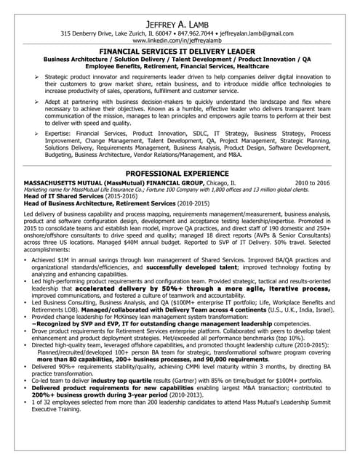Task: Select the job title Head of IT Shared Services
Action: (x=66, y=197)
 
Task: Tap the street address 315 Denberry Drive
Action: (x=91, y=34)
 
